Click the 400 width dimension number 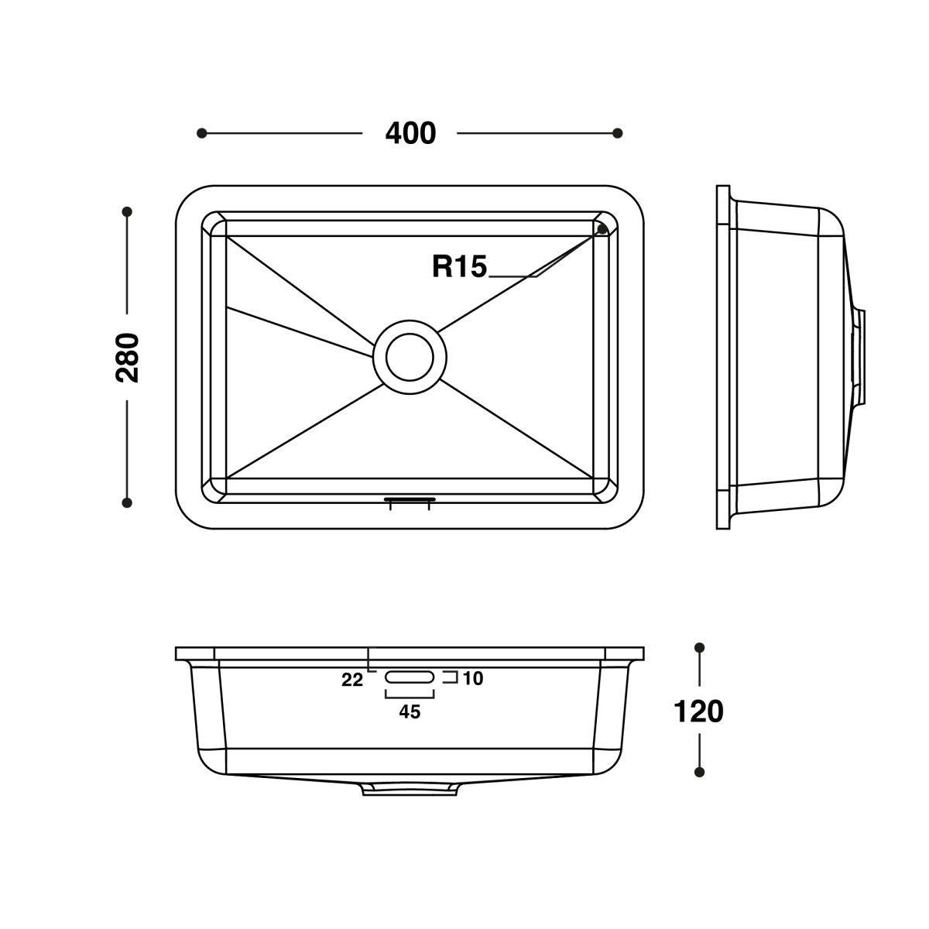410,133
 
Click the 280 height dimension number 127,357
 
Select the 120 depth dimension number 698,711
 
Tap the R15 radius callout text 459,267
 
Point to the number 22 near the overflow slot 351,680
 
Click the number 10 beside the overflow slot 473,679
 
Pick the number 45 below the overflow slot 410,712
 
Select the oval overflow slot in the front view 410,677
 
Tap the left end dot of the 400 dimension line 201,133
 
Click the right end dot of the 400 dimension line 617,133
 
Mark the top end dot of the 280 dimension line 127,211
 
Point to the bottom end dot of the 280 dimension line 127,502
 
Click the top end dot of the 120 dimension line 699,647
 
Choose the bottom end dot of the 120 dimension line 699,772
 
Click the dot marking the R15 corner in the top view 602,229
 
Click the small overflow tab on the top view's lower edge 410,501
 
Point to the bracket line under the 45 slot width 410,696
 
